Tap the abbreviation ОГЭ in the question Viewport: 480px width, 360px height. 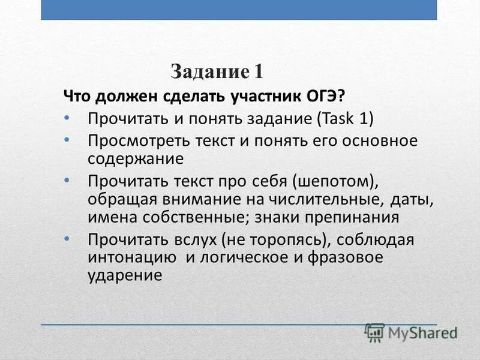click(x=324, y=96)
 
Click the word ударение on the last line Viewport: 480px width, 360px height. click(x=125, y=275)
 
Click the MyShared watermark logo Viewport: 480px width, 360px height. click(x=411, y=331)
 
